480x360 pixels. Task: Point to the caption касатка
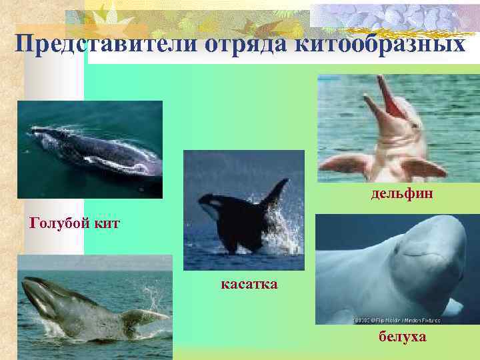249,285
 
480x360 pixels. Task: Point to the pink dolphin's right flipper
424,167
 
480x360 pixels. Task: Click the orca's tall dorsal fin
274,193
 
